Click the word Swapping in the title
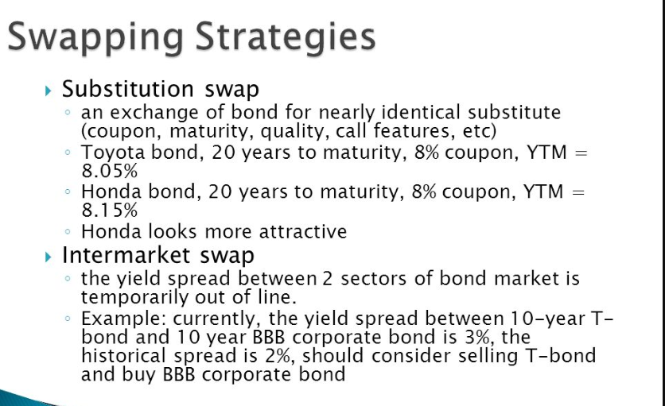click(95, 38)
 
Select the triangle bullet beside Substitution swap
click(48, 91)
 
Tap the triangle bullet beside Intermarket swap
click(48, 257)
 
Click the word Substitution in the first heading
click(127, 89)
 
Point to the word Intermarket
click(126, 255)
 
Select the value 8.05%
click(110, 171)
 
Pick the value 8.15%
click(110, 211)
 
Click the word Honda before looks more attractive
click(111, 232)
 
